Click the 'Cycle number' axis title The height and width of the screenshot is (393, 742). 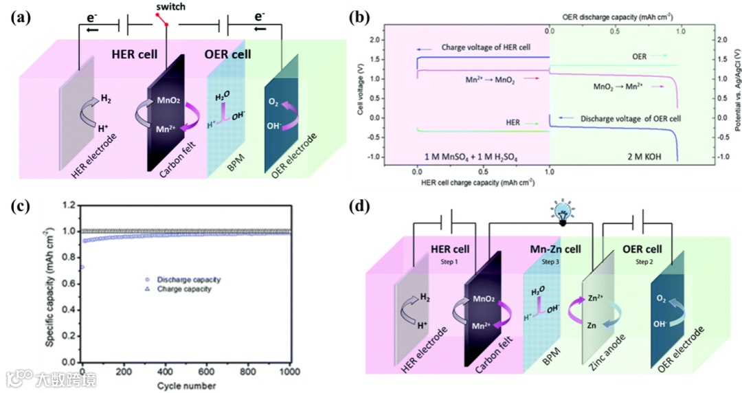point(185,385)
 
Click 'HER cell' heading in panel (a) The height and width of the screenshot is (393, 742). point(136,54)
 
